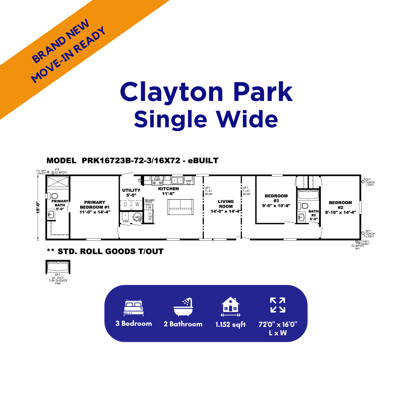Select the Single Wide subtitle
206,119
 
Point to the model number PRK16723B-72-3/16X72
131,161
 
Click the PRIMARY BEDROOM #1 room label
95,207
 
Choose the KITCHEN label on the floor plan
168,189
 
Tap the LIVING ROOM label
226,204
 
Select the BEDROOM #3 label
276,198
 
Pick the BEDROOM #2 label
340,205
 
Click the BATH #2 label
313,213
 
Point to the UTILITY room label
131,190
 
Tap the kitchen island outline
181,207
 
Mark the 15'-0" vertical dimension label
38,207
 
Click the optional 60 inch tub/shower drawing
58,267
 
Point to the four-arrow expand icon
278,305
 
